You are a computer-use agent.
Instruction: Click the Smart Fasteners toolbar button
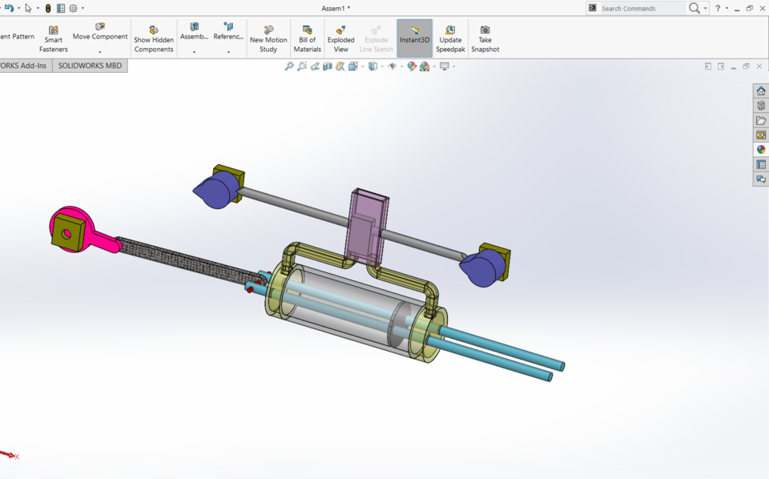coord(54,38)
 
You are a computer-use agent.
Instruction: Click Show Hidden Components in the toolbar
coord(154,38)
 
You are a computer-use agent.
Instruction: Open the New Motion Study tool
coord(268,38)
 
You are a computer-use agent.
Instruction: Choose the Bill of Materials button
coord(307,38)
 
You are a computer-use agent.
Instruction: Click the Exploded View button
coord(340,38)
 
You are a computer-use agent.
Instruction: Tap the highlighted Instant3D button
coord(414,38)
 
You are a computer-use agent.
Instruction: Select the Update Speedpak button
coord(450,38)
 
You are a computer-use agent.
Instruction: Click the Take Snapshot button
coord(485,38)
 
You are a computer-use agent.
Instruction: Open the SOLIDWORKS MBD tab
coord(90,66)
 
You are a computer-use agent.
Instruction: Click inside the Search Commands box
coord(641,8)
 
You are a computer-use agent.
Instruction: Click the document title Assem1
coord(336,8)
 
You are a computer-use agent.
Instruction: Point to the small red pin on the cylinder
coord(250,288)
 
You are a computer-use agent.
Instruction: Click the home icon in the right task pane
coord(760,91)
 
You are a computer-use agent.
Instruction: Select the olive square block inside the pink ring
coord(66,234)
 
